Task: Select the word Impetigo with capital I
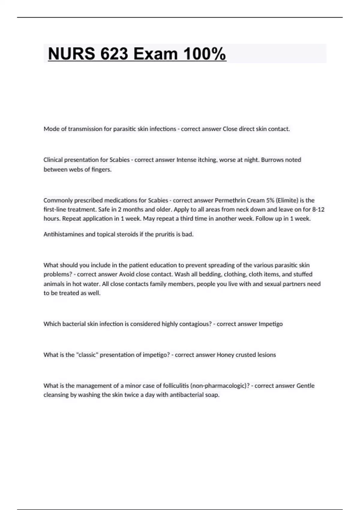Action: pos(271,324)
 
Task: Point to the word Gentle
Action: pos(305,386)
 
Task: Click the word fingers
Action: pos(101,169)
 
